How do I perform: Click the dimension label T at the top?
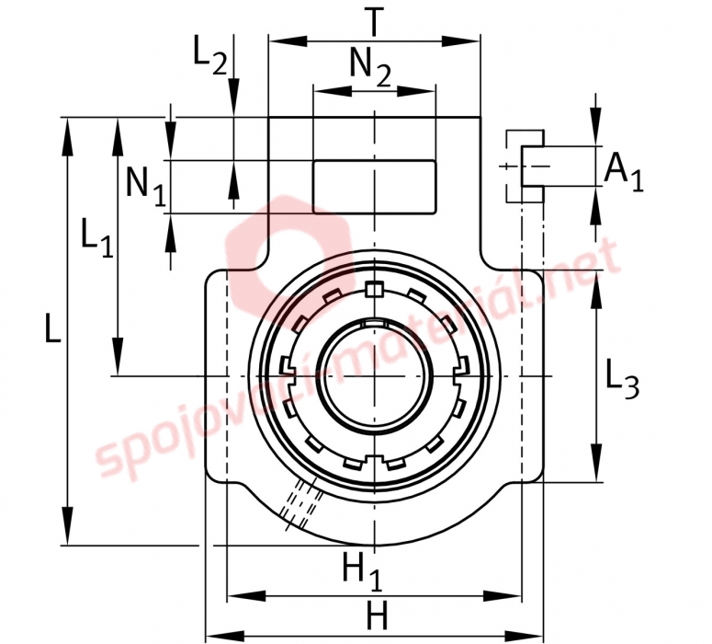pos(374,22)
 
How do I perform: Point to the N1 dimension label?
pos(146,186)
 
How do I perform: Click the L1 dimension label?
pos(96,237)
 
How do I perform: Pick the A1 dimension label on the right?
pos(624,172)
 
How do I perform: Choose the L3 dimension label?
pos(623,378)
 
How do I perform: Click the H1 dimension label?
pos(362,571)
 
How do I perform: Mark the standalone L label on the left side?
pos(53,328)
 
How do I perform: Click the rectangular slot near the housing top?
pos(375,187)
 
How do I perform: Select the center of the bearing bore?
pos(375,376)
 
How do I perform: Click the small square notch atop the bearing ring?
pos(374,289)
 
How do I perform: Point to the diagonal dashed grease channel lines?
pos(300,504)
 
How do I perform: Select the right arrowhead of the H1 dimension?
pos(503,596)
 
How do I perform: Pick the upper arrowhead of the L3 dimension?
pos(595,292)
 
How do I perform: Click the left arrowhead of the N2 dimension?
pos(333,91)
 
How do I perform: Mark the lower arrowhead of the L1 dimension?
pos(118,357)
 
